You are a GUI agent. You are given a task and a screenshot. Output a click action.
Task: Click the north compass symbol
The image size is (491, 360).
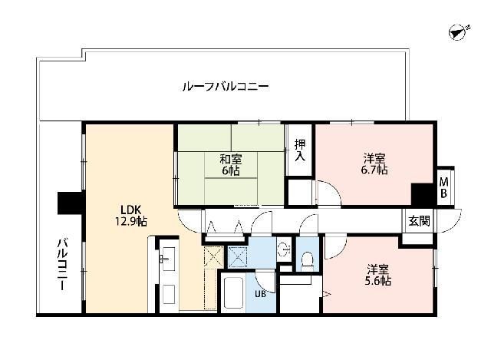(x=458, y=32)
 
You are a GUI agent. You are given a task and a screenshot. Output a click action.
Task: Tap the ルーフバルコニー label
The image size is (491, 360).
(x=225, y=87)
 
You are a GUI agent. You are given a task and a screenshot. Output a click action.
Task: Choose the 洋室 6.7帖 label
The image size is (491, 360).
(x=375, y=164)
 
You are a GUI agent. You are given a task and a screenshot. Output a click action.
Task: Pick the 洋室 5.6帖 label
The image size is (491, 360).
(x=378, y=275)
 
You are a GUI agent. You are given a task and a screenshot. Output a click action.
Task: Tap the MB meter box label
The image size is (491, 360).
(x=443, y=187)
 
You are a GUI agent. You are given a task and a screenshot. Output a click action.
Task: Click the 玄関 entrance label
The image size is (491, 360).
(x=419, y=220)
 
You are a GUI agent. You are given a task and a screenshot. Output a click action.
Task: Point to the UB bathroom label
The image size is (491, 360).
(x=261, y=292)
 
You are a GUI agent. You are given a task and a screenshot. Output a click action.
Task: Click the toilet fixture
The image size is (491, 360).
(x=308, y=259)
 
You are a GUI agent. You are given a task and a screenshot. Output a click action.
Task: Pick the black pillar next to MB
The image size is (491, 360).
(x=422, y=193)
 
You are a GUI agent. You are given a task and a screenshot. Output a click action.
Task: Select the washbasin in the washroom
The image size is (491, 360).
(x=283, y=249)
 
